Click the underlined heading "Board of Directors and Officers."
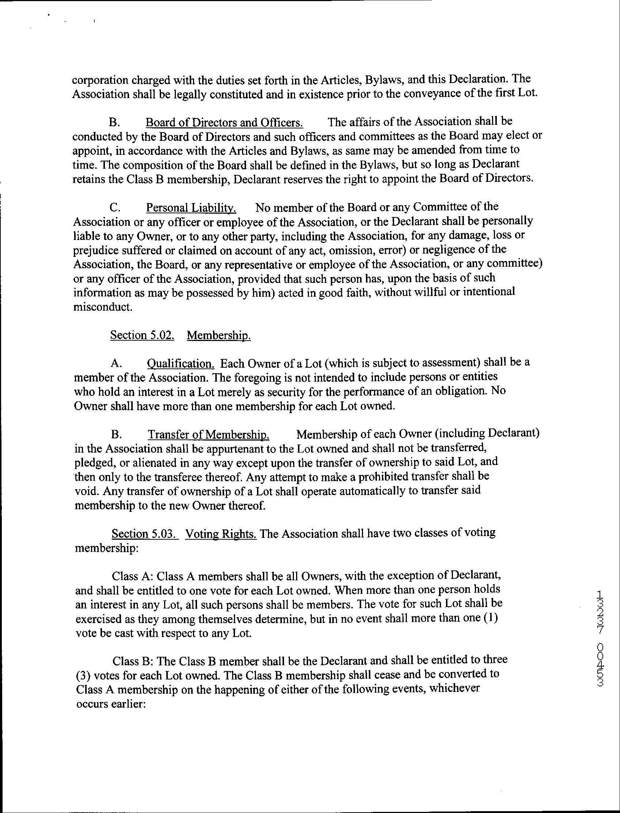[x=224, y=122]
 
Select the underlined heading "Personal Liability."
[x=191, y=207]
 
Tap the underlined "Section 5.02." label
[x=142, y=335]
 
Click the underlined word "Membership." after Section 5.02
[x=219, y=335]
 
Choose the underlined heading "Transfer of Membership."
[x=208, y=435]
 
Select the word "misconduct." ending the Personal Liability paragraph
[x=103, y=307]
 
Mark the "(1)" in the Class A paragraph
[x=491, y=618]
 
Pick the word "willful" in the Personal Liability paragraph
[x=425, y=292]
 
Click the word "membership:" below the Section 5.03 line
[x=107, y=548]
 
